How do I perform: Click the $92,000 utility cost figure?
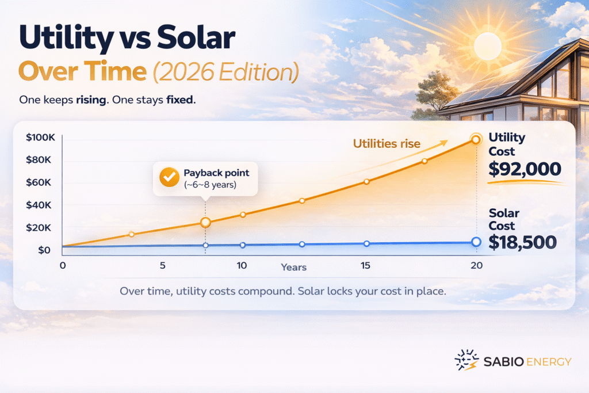[x=524, y=169]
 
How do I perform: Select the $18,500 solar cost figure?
[x=522, y=242]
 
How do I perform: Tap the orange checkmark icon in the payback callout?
[x=169, y=178]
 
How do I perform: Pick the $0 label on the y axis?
[x=44, y=250]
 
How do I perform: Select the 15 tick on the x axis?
[x=365, y=265]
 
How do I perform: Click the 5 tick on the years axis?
[x=163, y=265]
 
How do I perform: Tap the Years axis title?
[x=293, y=267]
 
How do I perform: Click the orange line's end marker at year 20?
[x=476, y=139]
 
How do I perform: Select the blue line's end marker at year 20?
[x=476, y=242]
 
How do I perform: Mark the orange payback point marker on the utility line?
[x=205, y=222]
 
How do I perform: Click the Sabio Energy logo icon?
[x=466, y=360]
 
